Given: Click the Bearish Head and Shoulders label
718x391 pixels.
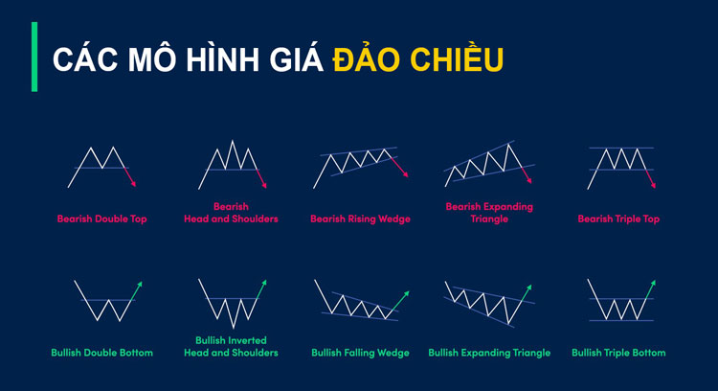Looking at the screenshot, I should coord(231,213).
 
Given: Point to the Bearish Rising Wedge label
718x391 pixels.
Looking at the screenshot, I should coord(360,218).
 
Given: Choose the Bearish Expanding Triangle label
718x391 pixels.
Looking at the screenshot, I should coord(489,212).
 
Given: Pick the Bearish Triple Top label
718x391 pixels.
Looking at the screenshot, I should coord(618,218).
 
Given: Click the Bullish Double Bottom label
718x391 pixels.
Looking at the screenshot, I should coord(101,353).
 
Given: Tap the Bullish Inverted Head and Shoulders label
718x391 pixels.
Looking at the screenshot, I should coord(231,346).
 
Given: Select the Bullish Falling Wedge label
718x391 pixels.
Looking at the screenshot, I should coord(360,353).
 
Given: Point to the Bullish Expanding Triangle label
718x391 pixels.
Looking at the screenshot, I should coord(489,353).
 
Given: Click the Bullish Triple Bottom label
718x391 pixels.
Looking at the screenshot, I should coord(618,353).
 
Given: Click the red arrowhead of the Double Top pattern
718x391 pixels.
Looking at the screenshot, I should coord(135,183).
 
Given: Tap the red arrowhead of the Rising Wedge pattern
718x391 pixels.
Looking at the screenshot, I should coord(407,174).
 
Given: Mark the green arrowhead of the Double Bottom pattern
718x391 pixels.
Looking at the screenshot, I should coord(140,283).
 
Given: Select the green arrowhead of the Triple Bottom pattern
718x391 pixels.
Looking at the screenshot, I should coord(655,282).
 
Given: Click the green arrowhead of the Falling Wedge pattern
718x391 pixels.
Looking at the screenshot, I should coord(407,292).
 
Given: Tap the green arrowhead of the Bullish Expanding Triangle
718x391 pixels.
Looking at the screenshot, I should coord(527,286).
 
